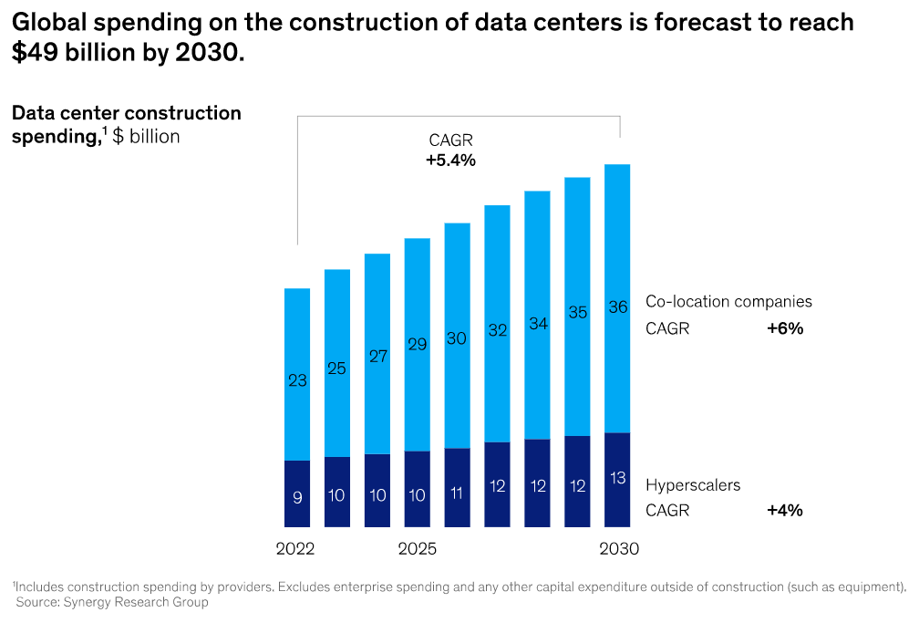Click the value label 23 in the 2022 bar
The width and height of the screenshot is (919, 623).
(x=297, y=381)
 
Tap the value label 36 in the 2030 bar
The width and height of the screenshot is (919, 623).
(x=617, y=307)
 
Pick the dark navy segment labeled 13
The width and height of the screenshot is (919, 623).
(x=617, y=479)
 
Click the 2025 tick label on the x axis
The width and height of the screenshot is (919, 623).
(x=418, y=550)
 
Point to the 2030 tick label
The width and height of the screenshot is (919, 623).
(x=619, y=550)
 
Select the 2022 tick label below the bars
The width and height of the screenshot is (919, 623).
(x=294, y=550)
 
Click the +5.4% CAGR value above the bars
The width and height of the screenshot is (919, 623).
(x=450, y=161)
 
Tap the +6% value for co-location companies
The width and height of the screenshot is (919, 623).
(x=785, y=329)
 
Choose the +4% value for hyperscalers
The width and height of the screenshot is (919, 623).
(x=785, y=511)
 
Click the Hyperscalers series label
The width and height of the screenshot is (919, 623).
(x=693, y=485)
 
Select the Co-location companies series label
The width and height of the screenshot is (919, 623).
(x=728, y=301)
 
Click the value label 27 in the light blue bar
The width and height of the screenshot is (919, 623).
(x=377, y=357)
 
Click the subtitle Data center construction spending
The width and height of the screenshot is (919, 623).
(x=126, y=125)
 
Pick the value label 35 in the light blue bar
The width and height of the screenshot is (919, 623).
(x=577, y=312)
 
